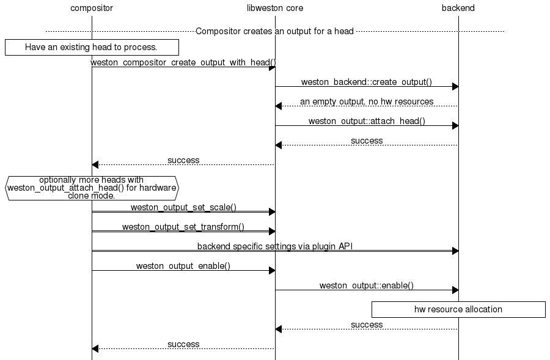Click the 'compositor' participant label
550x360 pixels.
pos(92,8)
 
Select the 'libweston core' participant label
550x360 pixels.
pos(275,8)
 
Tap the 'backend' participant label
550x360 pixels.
pos(458,8)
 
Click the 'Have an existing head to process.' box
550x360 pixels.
pos(92,47)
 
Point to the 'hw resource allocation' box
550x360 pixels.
pos(458,309)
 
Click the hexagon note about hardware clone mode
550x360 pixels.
pos(92,188)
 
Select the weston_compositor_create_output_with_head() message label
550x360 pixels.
pos(183,62)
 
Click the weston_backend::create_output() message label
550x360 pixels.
pos(367,82)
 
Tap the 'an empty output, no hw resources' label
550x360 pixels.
pos(367,101)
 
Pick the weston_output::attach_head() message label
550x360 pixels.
pos(367,121)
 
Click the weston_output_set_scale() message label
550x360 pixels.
pos(183,207)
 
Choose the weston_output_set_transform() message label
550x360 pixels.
pos(183,227)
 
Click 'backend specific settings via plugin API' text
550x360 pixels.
pos(275,246)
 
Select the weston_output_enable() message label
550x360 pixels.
pos(183,266)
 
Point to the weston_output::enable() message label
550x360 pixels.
pos(367,285)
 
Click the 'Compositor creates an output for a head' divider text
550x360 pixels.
pos(275,31)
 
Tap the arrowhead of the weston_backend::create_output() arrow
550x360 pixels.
pos(455,87)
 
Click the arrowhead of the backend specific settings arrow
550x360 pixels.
pos(455,251)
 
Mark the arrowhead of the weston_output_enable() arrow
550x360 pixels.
pos(272,271)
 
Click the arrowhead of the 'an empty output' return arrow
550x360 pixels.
pos(279,106)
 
